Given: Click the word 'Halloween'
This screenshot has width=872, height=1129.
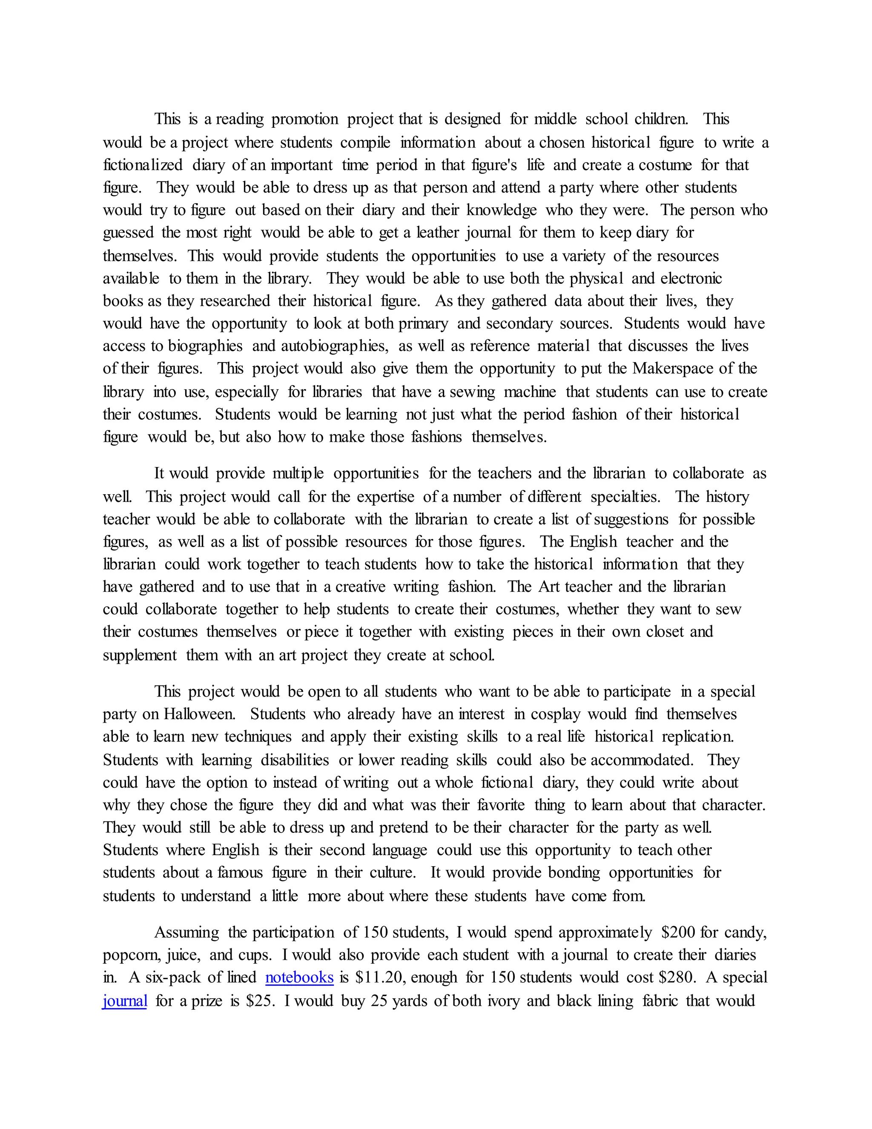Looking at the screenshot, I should (x=199, y=714).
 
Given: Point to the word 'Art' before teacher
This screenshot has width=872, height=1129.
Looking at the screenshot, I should (x=549, y=587).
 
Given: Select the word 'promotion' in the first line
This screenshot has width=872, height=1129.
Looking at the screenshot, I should (x=305, y=119).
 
